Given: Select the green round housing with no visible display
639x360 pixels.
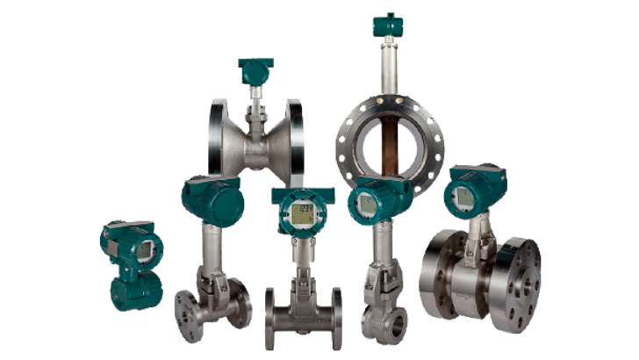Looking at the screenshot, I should [212, 198].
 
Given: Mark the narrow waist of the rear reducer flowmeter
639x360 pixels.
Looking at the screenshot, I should [255, 149].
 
